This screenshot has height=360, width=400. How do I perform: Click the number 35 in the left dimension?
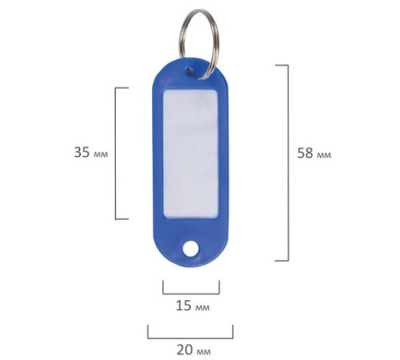(x=82, y=153)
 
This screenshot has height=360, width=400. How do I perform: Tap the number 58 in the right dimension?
(x=305, y=153)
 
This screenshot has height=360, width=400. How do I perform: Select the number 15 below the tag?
(x=184, y=306)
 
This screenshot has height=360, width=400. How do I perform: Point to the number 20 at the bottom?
(x=185, y=350)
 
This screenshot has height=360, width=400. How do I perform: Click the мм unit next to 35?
(x=101, y=154)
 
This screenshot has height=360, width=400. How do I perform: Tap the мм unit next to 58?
(x=324, y=155)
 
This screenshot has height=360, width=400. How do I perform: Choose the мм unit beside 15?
(x=202, y=307)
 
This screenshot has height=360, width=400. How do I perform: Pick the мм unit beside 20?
(x=203, y=351)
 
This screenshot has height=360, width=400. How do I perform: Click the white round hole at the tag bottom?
(x=190, y=249)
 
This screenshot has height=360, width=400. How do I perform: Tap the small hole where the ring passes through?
(x=191, y=70)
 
